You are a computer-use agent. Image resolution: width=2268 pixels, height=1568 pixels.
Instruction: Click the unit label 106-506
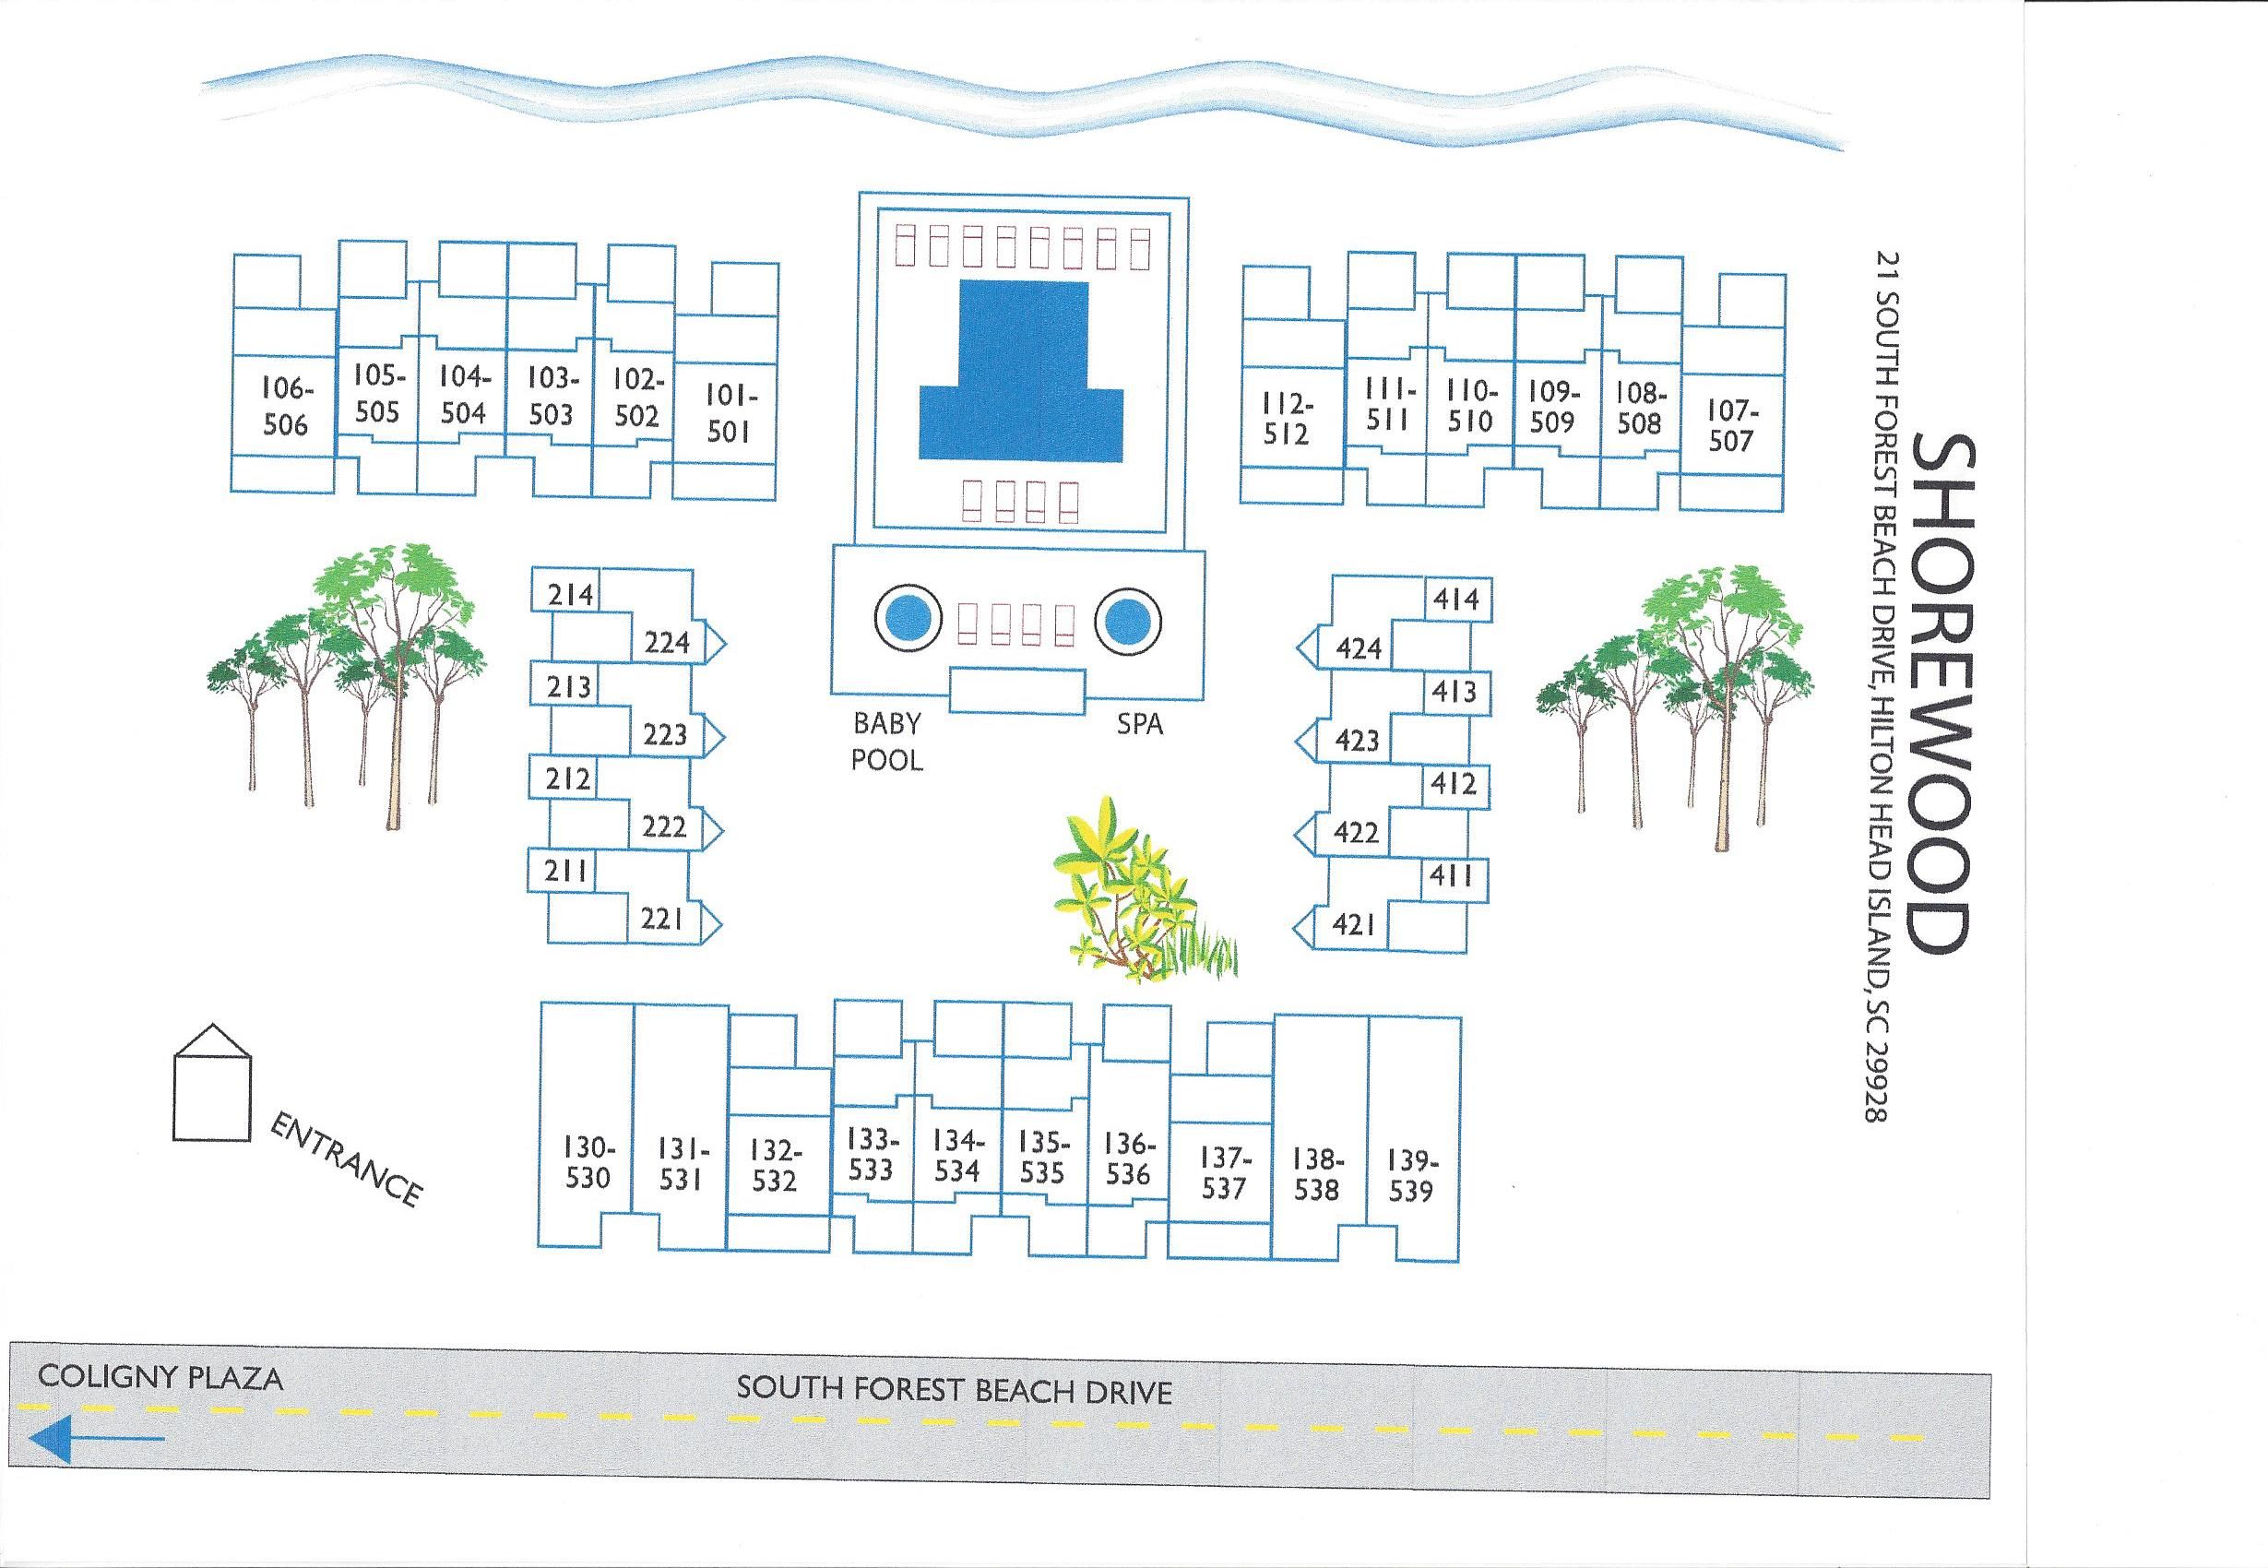285,407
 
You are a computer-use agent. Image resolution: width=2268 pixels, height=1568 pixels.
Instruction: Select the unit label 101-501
728,413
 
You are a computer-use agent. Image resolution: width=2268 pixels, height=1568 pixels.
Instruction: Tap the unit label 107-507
1730,423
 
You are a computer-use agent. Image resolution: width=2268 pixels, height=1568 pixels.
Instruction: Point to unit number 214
571,594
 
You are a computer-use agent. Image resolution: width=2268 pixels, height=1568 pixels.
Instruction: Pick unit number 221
662,919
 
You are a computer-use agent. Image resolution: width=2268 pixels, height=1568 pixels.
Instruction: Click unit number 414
1455,600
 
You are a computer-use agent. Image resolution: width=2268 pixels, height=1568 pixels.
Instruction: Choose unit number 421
1354,924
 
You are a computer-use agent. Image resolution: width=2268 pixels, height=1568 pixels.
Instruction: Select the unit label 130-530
588,1161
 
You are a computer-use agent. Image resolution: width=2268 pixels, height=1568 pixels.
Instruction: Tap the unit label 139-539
1410,1176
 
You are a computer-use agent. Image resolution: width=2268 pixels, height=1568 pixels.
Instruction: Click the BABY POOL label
887,742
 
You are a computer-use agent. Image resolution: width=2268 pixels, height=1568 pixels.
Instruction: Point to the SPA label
1139,724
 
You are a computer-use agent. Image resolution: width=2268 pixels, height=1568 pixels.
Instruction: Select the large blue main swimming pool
1022,383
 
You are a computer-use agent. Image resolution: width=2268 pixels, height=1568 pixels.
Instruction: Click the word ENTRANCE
345,1159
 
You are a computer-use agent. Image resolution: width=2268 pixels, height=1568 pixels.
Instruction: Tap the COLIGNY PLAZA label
160,1377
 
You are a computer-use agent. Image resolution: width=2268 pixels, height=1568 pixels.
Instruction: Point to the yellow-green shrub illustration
1134,894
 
